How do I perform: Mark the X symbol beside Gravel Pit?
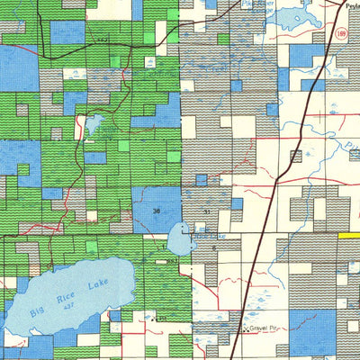247,330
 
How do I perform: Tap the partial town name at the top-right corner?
352,4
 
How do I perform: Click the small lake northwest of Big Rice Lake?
94,125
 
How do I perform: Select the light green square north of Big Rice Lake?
92,246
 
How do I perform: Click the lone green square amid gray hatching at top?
222,39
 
